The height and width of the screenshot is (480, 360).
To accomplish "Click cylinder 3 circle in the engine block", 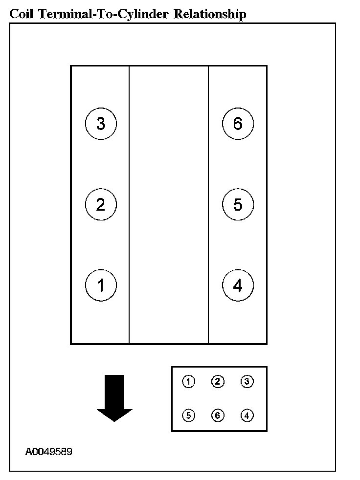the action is point(101,124).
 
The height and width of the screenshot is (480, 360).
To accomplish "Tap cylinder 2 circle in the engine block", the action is point(101,204).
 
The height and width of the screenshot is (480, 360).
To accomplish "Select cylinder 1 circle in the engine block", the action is point(101,285).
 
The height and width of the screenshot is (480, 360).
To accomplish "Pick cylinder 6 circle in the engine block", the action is point(238,124).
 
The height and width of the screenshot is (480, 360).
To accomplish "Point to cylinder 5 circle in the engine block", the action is point(238,204).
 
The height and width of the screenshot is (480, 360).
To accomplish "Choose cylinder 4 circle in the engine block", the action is point(238,285).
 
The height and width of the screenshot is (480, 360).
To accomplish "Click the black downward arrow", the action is point(114,396).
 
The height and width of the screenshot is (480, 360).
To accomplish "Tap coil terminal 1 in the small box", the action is point(188,382).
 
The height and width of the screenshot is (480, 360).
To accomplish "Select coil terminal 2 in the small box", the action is point(218,382).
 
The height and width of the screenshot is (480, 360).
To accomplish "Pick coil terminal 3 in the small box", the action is point(247,382).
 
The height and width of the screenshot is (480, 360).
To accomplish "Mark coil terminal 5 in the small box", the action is point(188,415).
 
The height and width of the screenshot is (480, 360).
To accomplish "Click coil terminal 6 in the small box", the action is point(218,415).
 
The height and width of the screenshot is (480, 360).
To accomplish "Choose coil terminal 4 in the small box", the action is point(247,415).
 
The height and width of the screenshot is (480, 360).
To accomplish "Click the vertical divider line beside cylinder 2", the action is point(129,204).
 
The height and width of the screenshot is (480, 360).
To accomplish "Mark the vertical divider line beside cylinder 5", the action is point(209,204).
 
